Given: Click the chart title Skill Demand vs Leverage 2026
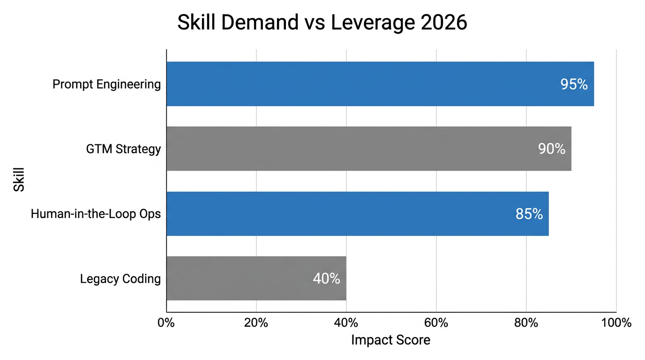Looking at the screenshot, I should click(322, 22).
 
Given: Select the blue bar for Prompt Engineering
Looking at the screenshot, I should click(380, 84).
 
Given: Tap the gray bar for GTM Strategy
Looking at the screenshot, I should click(368, 149).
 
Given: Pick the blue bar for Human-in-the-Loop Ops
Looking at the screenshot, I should click(357, 214).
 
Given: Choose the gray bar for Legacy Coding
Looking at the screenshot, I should click(256, 278).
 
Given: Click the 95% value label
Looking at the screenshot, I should click(574, 84).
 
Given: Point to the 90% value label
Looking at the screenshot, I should click(551, 149).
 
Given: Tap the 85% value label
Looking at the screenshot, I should click(529, 214).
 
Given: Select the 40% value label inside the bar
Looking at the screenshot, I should click(326, 278).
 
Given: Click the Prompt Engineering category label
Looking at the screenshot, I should click(106, 84).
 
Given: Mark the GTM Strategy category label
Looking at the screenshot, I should click(123, 149).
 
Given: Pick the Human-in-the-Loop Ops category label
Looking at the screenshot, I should click(96, 214).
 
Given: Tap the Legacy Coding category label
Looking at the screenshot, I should click(120, 279).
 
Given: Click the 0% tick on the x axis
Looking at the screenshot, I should click(166, 323).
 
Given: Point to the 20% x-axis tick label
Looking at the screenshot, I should click(256, 323).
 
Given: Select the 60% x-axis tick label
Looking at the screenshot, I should click(436, 323).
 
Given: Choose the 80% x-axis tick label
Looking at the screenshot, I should click(526, 323).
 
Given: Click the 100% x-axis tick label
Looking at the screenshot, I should click(616, 323).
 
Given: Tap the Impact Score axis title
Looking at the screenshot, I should click(390, 340).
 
